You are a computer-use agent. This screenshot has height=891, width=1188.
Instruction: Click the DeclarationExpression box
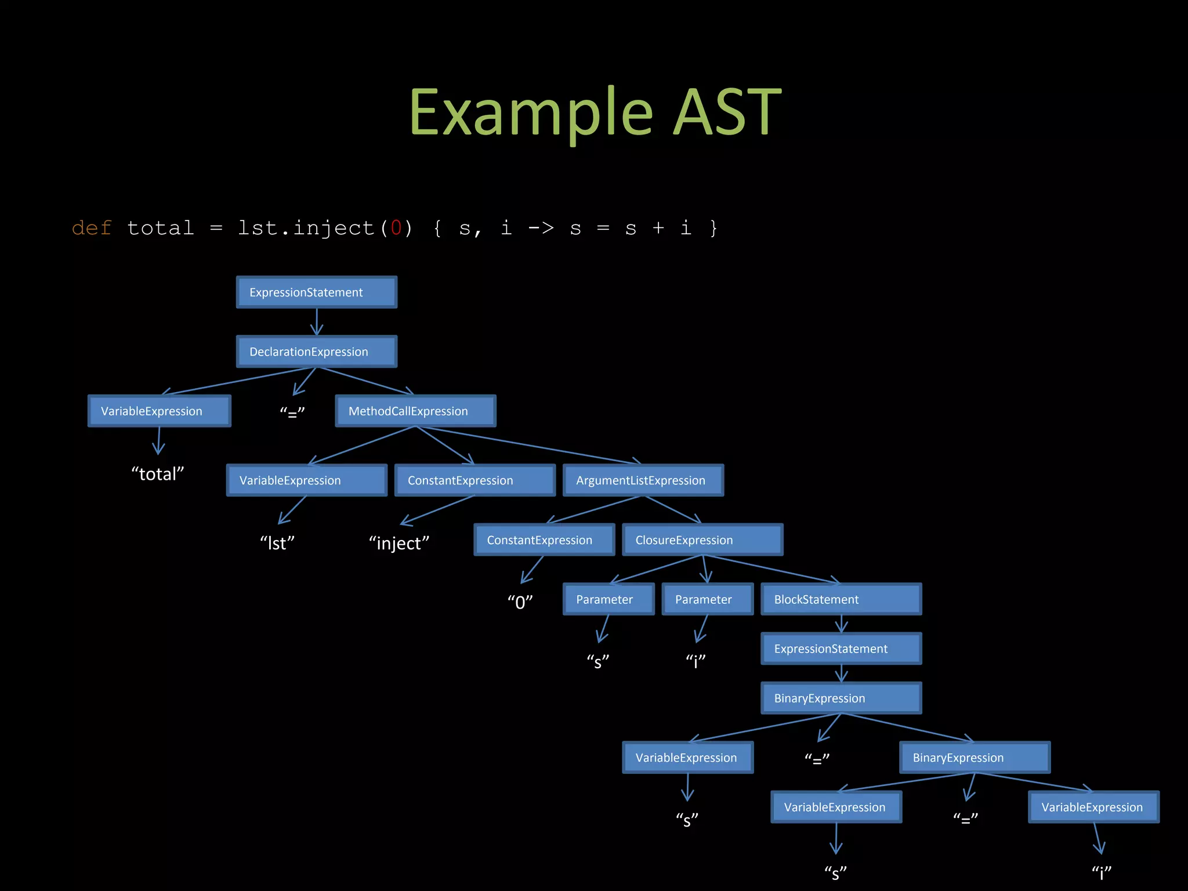click(316, 352)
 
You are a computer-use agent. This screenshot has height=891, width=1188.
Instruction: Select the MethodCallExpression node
click(415, 411)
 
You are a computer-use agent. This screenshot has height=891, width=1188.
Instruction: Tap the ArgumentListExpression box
click(643, 480)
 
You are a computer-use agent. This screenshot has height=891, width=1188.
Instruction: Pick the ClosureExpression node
click(702, 540)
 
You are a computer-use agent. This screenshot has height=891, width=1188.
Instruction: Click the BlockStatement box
click(841, 599)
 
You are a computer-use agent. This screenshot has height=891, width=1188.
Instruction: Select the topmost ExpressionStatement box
click(316, 292)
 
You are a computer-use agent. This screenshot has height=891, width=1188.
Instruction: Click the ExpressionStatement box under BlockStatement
click(841, 649)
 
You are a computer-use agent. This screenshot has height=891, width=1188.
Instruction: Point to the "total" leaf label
click(158, 474)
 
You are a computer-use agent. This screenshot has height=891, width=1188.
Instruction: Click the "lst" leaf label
click(277, 543)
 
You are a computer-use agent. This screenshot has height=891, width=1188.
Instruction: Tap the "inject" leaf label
click(399, 543)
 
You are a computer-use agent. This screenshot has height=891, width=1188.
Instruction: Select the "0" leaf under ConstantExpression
click(520, 602)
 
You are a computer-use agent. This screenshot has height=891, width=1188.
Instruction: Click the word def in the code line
click(92, 228)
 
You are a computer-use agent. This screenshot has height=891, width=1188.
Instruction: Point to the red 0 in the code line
click(396, 228)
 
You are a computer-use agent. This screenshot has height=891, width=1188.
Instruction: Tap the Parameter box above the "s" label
click(608, 599)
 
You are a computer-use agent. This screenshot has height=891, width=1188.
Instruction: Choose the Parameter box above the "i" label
click(707, 599)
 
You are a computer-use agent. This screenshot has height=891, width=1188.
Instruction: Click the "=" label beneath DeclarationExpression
click(292, 412)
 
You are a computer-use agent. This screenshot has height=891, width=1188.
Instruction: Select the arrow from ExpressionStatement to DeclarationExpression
click(317, 321)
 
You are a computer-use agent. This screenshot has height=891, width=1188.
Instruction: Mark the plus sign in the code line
click(658, 228)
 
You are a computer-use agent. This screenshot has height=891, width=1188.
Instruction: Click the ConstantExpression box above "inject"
click(475, 480)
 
